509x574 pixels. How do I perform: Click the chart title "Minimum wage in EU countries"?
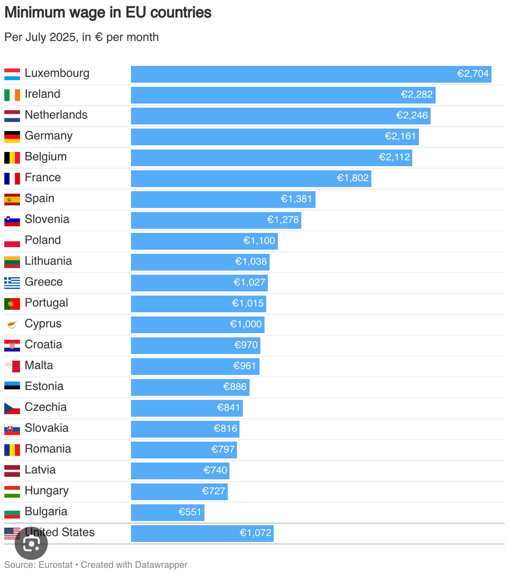tap(108, 13)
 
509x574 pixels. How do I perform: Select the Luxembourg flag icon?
tap(12, 74)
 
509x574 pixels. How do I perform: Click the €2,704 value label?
tap(473, 74)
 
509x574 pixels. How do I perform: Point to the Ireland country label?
tap(43, 94)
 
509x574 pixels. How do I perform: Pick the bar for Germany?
tap(274, 137)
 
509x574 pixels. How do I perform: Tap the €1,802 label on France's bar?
tap(352, 178)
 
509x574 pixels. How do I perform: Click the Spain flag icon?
tap(12, 199)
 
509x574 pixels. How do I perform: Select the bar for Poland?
tap(204, 241)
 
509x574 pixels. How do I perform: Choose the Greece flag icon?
tap(12, 283)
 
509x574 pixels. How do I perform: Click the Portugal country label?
tap(46, 303)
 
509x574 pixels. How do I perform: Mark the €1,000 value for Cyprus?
tap(246, 324)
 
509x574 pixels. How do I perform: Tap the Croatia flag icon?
tap(12, 345)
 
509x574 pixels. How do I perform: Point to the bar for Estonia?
tap(190, 387)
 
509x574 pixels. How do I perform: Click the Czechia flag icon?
tap(12, 408)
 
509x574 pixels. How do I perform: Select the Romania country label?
tap(48, 449)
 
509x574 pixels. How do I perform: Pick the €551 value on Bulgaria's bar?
tap(190, 512)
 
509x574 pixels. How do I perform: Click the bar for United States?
tap(202, 533)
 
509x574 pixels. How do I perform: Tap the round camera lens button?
tap(31, 543)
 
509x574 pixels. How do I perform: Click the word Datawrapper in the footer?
tap(161, 565)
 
